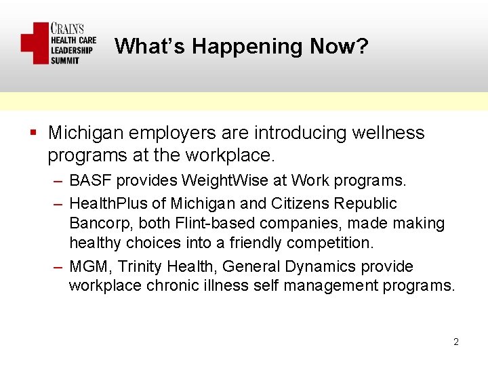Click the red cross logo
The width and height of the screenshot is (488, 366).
pos(35,43)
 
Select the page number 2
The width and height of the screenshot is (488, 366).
pos(456,342)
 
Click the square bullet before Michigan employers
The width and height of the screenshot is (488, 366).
pos(33,133)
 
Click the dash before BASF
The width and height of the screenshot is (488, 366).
pos(57,182)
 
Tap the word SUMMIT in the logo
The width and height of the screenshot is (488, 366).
pos(66,60)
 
